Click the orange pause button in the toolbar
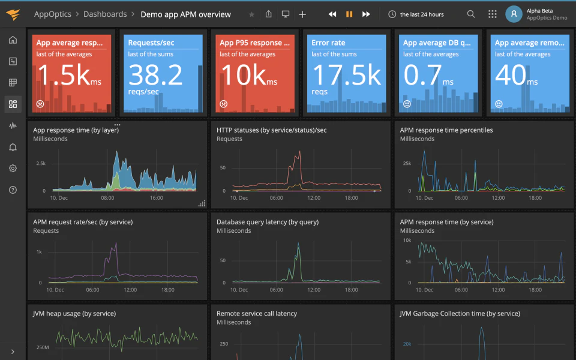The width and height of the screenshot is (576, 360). pos(349,14)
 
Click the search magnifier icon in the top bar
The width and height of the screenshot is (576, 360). pos(471,14)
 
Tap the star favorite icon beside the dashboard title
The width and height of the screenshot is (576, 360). pos(251,14)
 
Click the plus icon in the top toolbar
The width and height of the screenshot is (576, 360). pos(302,14)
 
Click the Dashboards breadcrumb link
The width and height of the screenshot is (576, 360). pos(105,14)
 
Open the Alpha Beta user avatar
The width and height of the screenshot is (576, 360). pos(514,14)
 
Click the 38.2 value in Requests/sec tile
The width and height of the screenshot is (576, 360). pos(155,76)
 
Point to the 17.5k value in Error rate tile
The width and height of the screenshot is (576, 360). pos(346,76)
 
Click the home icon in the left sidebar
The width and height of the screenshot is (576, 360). pos(13,40)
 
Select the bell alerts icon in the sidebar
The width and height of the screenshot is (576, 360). pos(13,147)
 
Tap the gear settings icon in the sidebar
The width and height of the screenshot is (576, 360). pos(13,169)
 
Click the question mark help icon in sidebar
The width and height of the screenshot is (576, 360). pos(13,190)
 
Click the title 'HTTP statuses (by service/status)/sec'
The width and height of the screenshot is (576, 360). pos(271,130)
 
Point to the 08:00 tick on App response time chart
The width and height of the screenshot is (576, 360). pos(107,197)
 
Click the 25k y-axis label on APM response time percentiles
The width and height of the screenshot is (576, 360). pos(406,163)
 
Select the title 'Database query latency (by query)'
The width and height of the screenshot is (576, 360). pos(268,222)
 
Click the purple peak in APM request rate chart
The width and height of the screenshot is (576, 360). pos(114,245)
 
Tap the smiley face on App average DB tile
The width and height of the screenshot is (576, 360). pos(407,104)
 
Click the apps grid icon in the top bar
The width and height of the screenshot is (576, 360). pos(493,14)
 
